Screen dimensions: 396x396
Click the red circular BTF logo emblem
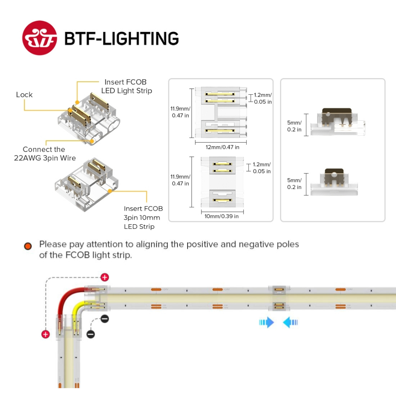pyautogui.click(x=40, y=38)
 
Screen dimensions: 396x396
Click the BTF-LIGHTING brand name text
pyautogui.click(x=121, y=39)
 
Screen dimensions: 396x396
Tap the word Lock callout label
pyautogui.click(x=24, y=95)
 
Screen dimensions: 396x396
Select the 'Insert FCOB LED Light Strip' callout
pyautogui.click(x=126, y=86)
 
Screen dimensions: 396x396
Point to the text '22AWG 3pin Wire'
pyautogui.click(x=45, y=158)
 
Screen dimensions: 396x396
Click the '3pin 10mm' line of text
pyautogui.click(x=142, y=217)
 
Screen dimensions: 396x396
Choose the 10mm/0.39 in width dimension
pyautogui.click(x=221, y=216)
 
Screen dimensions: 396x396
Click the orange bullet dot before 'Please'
pyautogui.click(x=28, y=246)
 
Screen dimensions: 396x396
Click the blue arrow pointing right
pyautogui.click(x=266, y=322)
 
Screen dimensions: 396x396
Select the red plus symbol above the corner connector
pyautogui.click(x=104, y=277)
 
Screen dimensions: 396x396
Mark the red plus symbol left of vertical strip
pyautogui.click(x=46, y=334)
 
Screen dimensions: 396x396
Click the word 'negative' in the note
pyautogui.click(x=257, y=244)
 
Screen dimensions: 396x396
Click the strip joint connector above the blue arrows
pyautogui.click(x=278, y=298)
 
